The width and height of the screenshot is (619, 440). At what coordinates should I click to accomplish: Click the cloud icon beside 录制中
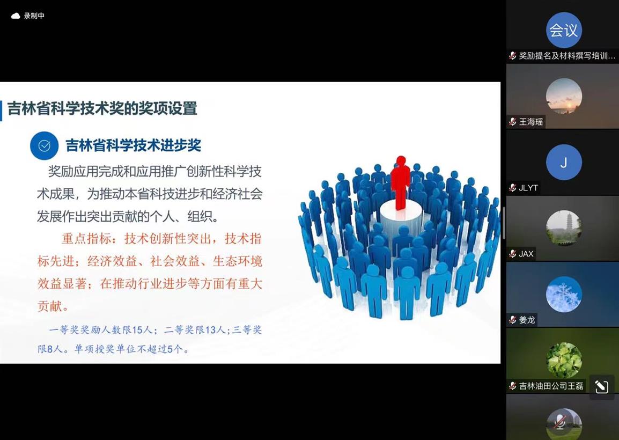point(16,16)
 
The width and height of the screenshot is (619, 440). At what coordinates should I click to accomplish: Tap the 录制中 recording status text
point(34,16)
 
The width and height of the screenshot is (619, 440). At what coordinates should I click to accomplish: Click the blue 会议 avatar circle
point(564,30)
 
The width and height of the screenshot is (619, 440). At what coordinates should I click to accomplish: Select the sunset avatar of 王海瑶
point(564,96)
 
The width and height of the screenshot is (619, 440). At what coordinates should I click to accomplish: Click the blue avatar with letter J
point(564,162)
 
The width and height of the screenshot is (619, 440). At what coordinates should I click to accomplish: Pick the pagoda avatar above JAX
point(564,228)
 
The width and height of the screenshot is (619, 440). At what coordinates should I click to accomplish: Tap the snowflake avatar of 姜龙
point(564,294)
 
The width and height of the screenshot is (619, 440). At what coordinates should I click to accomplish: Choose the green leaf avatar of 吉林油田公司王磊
point(564,360)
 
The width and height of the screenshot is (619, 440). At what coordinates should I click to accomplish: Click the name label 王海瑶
point(531,122)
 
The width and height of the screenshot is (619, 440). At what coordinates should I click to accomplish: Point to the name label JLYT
point(528,188)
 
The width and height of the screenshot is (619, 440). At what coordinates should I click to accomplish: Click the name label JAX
point(526,254)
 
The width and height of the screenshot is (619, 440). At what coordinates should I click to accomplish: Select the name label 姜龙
point(527,320)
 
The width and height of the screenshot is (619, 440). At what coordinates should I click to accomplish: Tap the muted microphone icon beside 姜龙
point(513,320)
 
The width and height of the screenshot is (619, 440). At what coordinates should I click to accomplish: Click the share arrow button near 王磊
point(602,387)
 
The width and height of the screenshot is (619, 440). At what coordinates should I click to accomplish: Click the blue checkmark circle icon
point(44,146)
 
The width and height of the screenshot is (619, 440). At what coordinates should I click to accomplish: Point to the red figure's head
point(401,161)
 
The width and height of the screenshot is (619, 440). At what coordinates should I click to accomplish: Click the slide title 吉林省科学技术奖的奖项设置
point(102,108)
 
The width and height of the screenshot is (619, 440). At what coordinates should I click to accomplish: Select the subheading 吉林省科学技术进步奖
point(134,145)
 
